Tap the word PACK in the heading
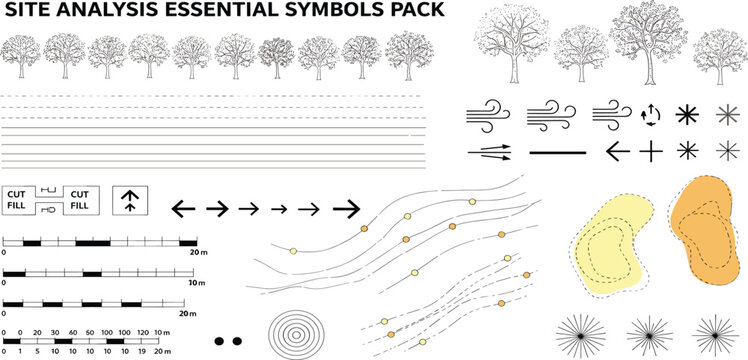pos(422,14)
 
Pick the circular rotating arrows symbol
pos(651,115)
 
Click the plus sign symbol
pos(651,152)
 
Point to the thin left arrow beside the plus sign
pos(620,152)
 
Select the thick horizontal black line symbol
pos(560,153)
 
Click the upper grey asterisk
pos(727,115)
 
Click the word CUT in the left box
pos(17,193)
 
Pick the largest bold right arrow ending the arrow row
pos(346,208)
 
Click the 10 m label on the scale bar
pos(196,284)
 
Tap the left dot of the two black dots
pos(220,341)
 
